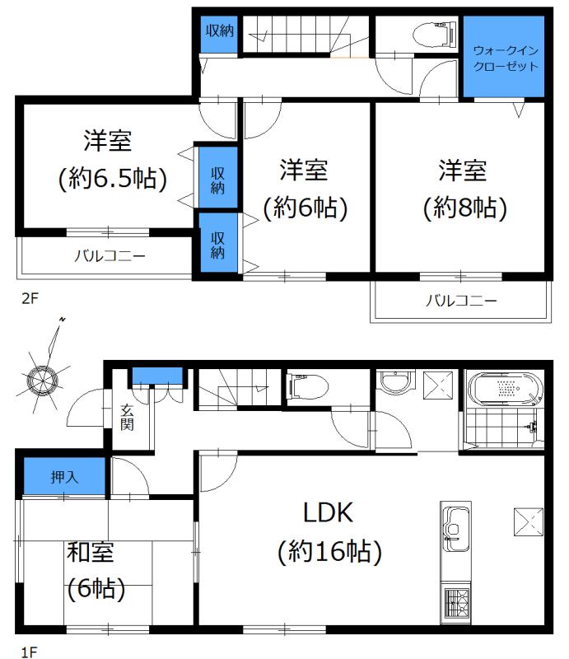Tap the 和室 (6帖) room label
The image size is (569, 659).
(x=96, y=569)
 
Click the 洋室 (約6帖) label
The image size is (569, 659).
(x=304, y=189)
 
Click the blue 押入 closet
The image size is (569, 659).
(x=64, y=477)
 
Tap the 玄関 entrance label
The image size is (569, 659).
(x=128, y=418)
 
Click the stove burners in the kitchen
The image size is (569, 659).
(x=455, y=603)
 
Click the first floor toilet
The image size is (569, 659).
(x=310, y=386)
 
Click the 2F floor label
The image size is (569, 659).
(x=30, y=299)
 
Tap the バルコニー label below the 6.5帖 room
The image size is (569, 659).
(x=110, y=256)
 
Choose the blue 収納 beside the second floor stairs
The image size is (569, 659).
(x=218, y=31)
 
